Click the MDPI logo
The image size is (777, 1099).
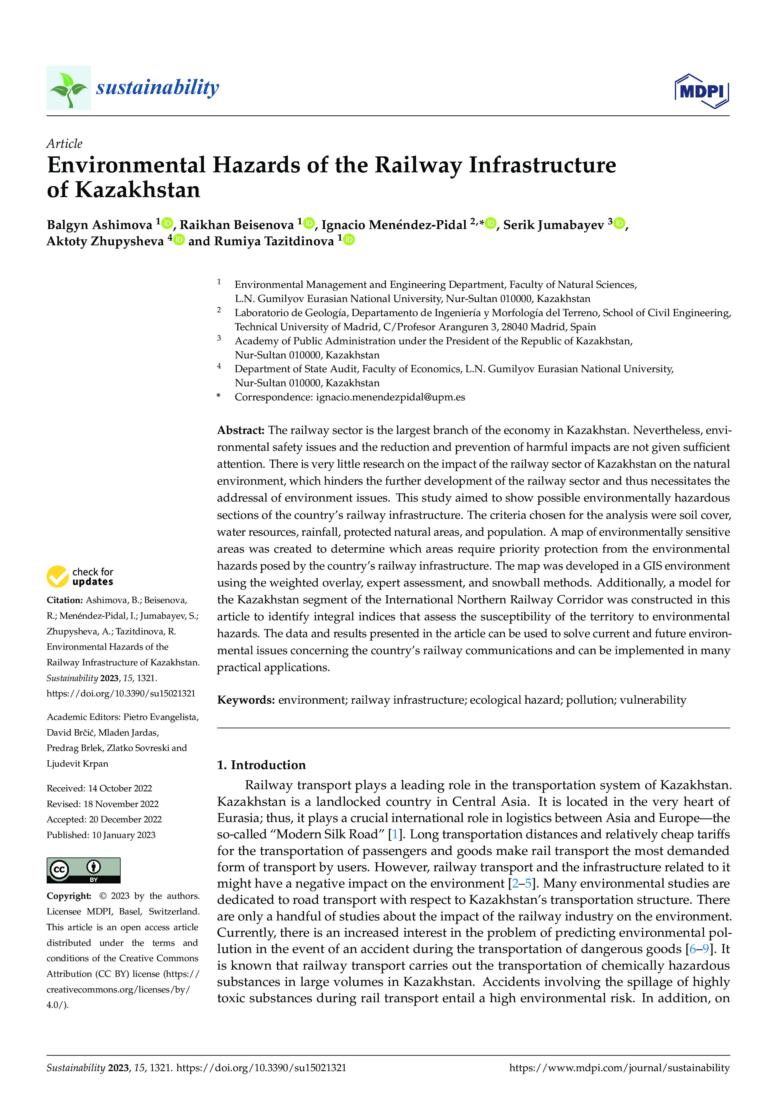tap(701, 91)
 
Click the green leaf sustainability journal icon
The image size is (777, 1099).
tap(69, 88)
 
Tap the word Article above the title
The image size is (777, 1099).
tap(64, 143)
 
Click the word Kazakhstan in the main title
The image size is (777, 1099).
tap(138, 190)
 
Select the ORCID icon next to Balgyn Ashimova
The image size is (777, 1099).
tap(167, 223)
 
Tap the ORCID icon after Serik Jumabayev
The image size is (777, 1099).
tap(619, 223)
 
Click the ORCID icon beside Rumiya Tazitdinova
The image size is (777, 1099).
tap(349, 239)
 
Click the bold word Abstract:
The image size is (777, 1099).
tap(240, 430)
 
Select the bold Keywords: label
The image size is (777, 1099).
tap(246, 700)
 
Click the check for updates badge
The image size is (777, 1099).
tap(80, 576)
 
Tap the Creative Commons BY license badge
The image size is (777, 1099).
tap(83, 870)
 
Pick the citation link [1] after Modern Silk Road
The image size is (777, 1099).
tap(394, 834)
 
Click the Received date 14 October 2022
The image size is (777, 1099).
tap(99, 788)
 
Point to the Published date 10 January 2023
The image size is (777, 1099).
tap(101, 835)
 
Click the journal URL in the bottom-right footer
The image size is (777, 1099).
tap(619, 1067)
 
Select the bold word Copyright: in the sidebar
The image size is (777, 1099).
tap(69, 896)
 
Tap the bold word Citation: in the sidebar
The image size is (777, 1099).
tap(64, 600)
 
